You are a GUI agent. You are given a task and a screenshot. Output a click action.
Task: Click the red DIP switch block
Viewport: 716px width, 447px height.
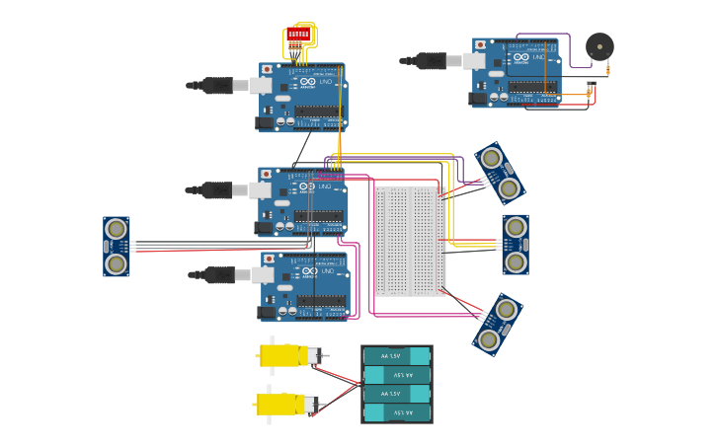tap(298, 36)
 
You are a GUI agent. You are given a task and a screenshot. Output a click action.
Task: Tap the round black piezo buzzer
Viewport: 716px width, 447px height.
tap(599, 45)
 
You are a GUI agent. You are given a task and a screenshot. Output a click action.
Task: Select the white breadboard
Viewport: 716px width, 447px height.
tap(410, 241)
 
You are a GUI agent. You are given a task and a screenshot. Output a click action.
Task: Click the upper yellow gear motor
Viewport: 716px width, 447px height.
tap(285, 355)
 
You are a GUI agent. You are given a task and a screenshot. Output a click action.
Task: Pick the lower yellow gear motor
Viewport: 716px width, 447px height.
tap(282, 404)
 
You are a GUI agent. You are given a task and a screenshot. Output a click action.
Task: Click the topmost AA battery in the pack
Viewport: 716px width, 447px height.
tap(397, 356)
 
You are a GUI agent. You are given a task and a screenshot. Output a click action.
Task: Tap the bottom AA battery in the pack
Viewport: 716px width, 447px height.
tap(397, 412)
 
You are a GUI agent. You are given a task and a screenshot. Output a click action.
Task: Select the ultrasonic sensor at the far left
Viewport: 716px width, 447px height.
tap(117, 247)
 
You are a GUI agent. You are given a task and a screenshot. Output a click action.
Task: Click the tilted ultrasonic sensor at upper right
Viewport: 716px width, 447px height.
tap(500, 173)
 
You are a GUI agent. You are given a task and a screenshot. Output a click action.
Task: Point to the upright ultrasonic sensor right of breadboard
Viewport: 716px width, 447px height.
tap(515, 245)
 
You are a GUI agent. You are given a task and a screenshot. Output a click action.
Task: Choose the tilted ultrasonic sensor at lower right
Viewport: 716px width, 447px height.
tap(497, 324)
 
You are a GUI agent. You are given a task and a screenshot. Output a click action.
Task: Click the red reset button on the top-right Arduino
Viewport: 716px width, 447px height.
tap(481, 45)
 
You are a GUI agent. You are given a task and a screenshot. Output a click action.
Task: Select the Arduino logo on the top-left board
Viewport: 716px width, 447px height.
tap(307, 82)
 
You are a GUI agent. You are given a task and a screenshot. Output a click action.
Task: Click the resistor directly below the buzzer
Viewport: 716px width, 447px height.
tap(607, 69)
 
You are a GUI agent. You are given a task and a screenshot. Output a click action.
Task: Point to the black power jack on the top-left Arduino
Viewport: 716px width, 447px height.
tap(265, 123)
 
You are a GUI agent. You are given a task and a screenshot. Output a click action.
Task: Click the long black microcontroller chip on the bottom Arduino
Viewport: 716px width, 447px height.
tap(321, 301)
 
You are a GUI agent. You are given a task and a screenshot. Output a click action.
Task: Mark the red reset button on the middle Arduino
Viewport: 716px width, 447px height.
tap(267, 175)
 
